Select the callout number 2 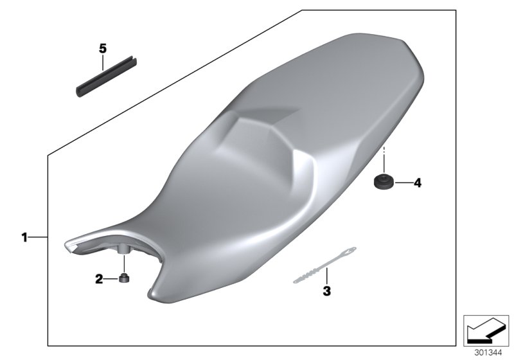(99, 279)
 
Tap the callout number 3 (326, 291)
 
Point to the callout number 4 (417, 183)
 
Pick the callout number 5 (102, 48)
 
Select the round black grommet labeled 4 (384, 183)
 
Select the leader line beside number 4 (402, 183)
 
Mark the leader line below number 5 (102, 62)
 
